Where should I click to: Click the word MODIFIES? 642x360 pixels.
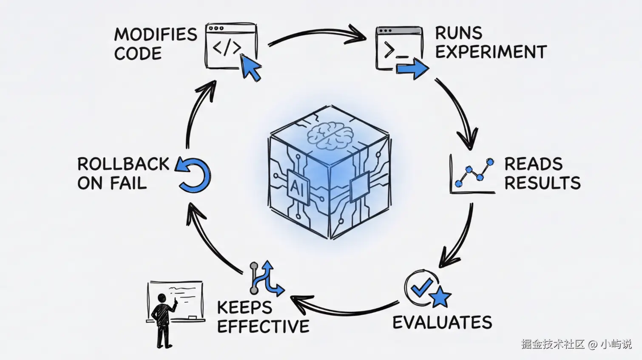pyautogui.click(x=156, y=34)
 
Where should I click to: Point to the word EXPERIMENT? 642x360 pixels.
pyautogui.click(x=491, y=52)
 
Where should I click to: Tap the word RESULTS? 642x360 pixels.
pyautogui.click(x=542, y=183)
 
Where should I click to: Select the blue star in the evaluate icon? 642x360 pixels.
pyautogui.click(x=439, y=296)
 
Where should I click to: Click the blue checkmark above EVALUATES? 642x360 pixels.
pyautogui.click(x=422, y=287)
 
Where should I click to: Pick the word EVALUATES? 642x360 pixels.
pyautogui.click(x=442, y=323)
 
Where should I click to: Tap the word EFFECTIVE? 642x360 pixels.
pyautogui.click(x=263, y=326)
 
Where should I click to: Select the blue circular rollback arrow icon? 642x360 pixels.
pyautogui.click(x=194, y=174)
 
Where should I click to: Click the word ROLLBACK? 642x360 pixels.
pyautogui.click(x=123, y=164)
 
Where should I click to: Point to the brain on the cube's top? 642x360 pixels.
pyautogui.click(x=330, y=136)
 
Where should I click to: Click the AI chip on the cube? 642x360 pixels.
pyautogui.click(x=297, y=186)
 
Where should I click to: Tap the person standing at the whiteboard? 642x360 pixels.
pyautogui.click(x=163, y=319)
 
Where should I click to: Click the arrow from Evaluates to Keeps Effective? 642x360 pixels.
pyautogui.click(x=344, y=308)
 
